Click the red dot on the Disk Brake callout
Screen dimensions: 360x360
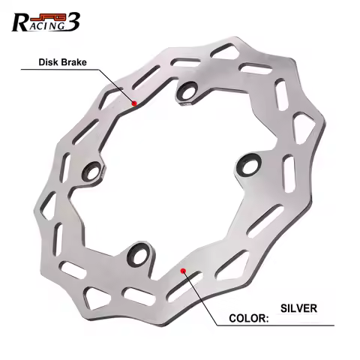pos(133,103)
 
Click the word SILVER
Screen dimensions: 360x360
pos(298,307)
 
